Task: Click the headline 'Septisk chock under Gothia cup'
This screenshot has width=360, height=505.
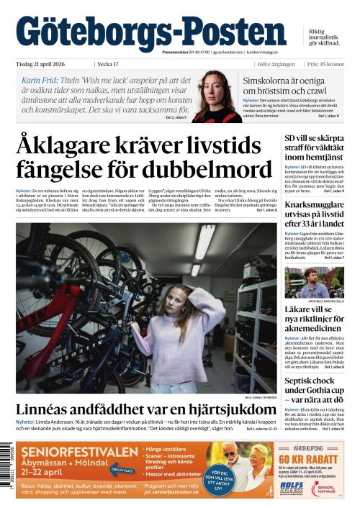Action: (x=314, y=386)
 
